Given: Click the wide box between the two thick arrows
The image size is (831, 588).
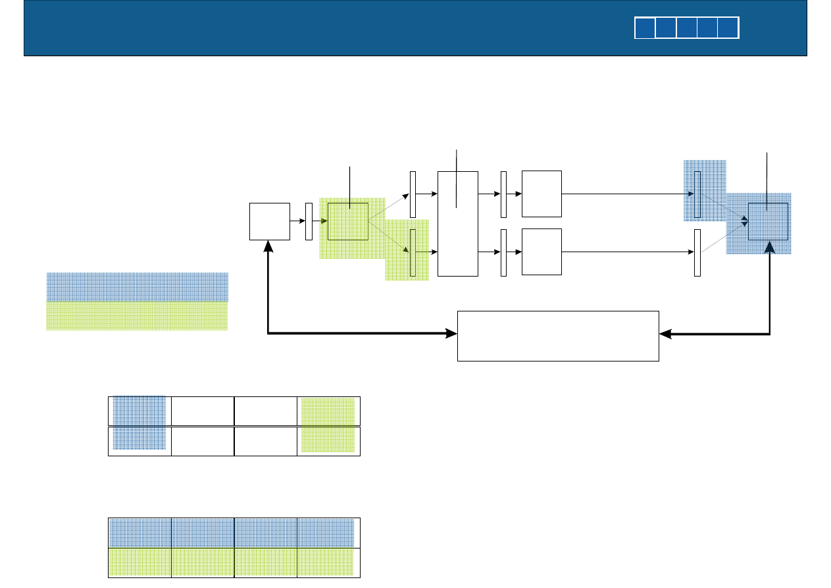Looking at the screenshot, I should point(558,336).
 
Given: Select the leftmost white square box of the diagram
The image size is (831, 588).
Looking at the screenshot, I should point(270,221).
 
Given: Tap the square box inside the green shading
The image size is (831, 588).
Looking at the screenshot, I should point(348,221).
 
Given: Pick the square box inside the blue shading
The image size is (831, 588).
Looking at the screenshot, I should point(768,222).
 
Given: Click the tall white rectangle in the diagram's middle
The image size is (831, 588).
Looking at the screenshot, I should point(457,223).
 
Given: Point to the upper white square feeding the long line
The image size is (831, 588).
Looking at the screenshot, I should point(541,194).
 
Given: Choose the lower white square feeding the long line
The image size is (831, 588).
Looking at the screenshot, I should point(541,252).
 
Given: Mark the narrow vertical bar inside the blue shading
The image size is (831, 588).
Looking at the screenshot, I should point(697,194).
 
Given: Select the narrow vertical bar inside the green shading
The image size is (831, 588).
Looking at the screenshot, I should point(413,252).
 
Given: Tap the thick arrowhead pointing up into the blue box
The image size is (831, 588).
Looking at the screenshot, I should point(768,247).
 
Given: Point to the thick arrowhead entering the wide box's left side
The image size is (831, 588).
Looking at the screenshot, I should point(451,334).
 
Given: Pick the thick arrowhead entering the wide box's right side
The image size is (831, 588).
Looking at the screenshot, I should point(665,334).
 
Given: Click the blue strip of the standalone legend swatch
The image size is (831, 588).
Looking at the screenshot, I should point(137,286).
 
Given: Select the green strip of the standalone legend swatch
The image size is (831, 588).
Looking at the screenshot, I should point(137,316).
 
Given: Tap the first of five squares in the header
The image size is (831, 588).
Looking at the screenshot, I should point(645,28).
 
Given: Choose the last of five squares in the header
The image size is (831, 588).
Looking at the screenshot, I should point(729,28).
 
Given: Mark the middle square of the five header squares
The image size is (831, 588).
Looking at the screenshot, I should point(687,28).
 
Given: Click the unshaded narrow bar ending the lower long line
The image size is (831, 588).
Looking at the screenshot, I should point(697,253).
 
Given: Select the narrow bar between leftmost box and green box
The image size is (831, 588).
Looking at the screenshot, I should point(309,222).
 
